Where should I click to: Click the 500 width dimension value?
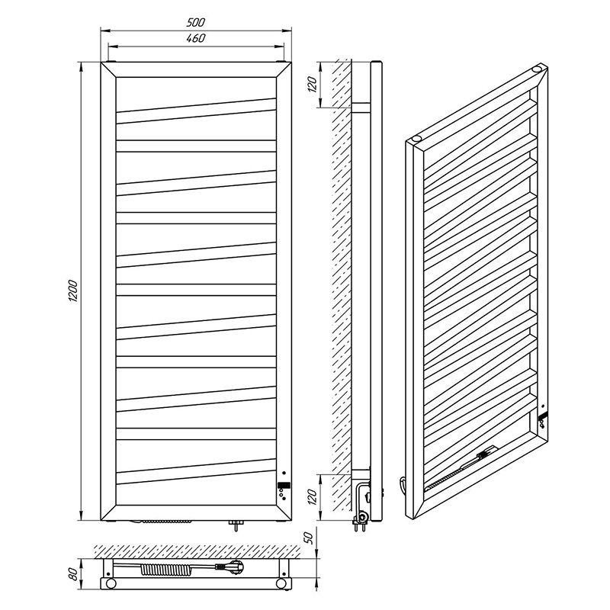click(x=195, y=23)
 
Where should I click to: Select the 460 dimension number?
click(x=195, y=38)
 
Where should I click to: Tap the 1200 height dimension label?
click(x=73, y=291)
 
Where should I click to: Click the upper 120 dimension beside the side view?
click(x=313, y=85)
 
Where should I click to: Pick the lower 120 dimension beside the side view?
click(x=313, y=497)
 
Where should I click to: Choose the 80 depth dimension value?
click(x=73, y=574)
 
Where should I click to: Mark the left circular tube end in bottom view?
click(x=111, y=583)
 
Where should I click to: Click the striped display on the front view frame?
click(x=284, y=486)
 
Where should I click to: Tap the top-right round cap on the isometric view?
click(x=537, y=69)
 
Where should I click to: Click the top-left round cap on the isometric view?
click(x=416, y=138)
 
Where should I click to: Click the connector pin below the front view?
click(x=236, y=525)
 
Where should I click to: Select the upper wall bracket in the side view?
click(x=361, y=108)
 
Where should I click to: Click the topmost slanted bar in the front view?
click(x=196, y=111)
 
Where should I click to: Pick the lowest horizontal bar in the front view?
click(x=196, y=434)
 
